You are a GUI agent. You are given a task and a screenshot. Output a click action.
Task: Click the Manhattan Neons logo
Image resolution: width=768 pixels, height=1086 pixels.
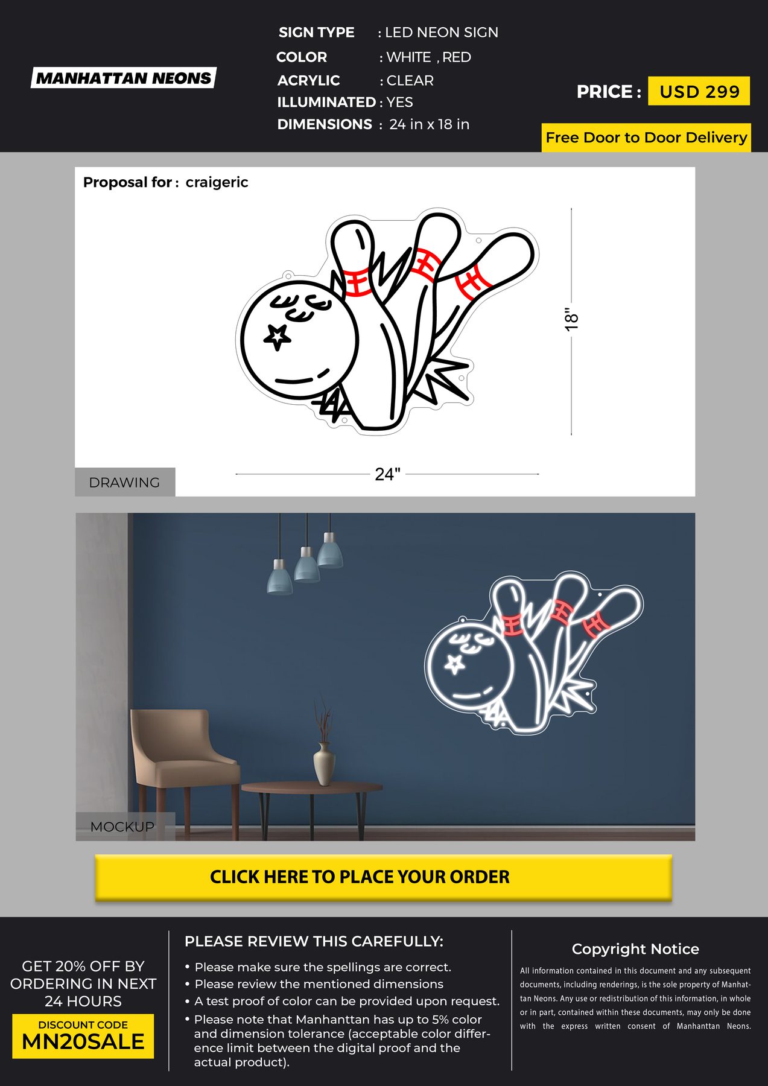click(124, 78)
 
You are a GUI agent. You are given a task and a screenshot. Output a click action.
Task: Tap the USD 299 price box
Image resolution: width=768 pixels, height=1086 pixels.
click(699, 91)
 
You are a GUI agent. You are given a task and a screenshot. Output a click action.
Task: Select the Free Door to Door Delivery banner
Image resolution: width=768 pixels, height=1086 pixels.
click(646, 138)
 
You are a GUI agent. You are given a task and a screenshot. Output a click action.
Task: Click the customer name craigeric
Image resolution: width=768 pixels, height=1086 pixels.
click(217, 182)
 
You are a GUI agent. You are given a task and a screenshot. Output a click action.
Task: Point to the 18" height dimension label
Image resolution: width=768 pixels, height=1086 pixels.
click(571, 319)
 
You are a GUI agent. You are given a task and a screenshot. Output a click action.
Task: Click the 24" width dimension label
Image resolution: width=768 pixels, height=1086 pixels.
click(387, 474)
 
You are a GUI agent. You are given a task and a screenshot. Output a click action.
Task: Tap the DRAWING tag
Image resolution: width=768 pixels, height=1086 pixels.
click(125, 482)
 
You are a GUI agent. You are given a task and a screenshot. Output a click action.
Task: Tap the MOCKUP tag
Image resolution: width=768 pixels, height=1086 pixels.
click(123, 827)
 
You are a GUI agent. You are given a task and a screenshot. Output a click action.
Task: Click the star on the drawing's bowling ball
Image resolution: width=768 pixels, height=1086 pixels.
click(277, 337)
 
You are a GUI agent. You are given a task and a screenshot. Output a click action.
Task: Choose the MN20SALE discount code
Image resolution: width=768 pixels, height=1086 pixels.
click(83, 1042)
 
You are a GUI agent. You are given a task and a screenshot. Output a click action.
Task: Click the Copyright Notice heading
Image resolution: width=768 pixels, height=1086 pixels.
click(635, 949)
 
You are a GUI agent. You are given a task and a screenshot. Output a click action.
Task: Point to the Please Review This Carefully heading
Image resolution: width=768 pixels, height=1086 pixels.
click(314, 941)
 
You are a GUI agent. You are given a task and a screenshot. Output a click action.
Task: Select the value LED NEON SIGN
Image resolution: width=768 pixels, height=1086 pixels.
click(442, 33)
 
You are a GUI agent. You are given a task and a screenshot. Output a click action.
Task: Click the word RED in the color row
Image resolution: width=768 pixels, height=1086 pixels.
click(457, 57)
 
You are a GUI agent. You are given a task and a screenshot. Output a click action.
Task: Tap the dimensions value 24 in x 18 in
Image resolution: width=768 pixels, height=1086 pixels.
click(429, 124)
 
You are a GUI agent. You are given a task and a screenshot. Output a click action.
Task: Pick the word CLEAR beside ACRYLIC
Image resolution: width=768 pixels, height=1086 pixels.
click(410, 80)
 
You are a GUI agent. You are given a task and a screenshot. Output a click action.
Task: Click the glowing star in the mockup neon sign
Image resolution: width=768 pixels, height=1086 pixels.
click(454, 664)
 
